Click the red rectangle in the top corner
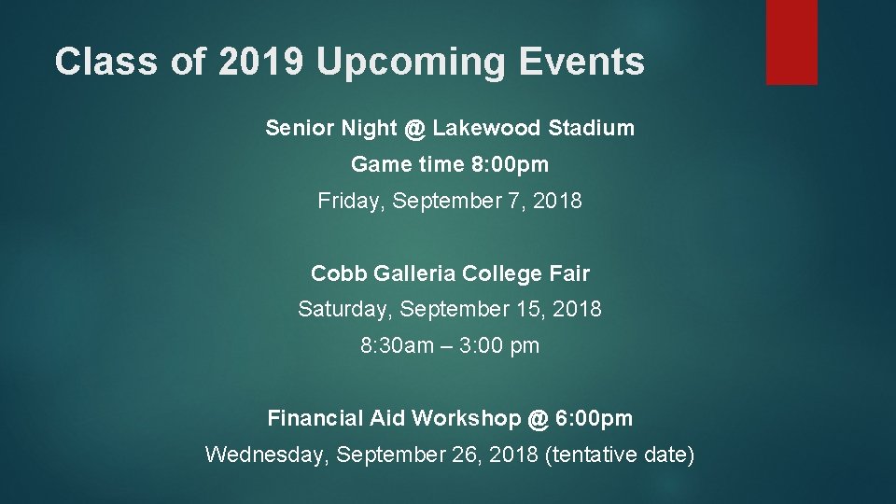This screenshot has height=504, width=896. coord(791,42)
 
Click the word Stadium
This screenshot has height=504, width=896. coord(592,128)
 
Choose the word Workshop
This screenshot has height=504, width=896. coord(466,418)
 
